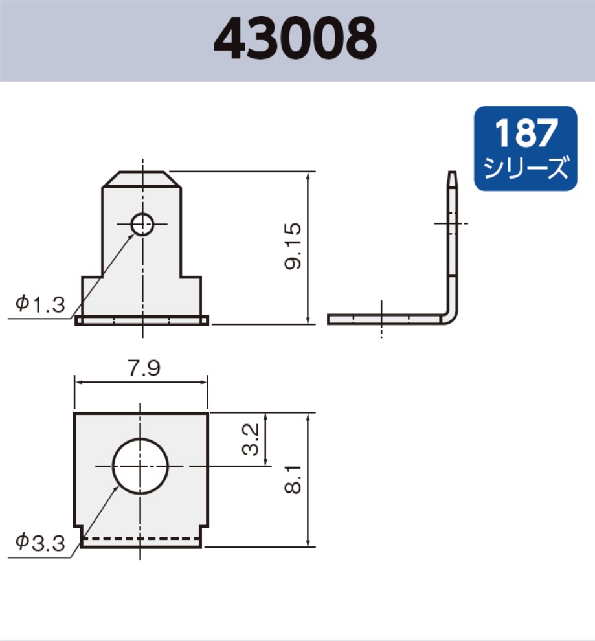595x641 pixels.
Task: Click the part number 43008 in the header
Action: point(295,39)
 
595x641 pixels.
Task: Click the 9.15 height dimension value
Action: point(293,247)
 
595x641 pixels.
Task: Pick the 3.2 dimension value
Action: point(252,439)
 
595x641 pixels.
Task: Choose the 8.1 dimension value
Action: point(294,480)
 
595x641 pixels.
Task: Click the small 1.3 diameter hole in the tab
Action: point(142,225)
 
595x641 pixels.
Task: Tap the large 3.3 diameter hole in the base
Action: point(140,466)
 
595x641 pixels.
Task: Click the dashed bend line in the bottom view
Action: point(141,538)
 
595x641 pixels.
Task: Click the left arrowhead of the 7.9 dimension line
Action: point(79,383)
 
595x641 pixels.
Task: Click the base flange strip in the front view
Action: point(142,320)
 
